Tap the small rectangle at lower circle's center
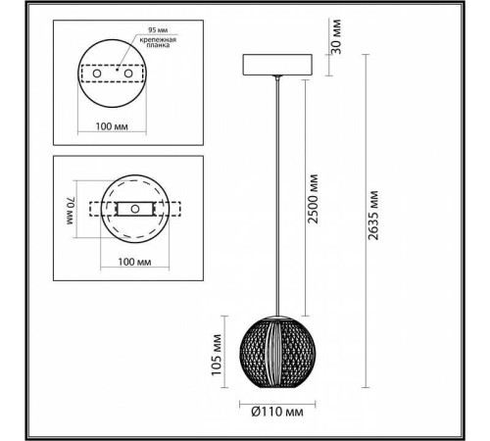point(130,209)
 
